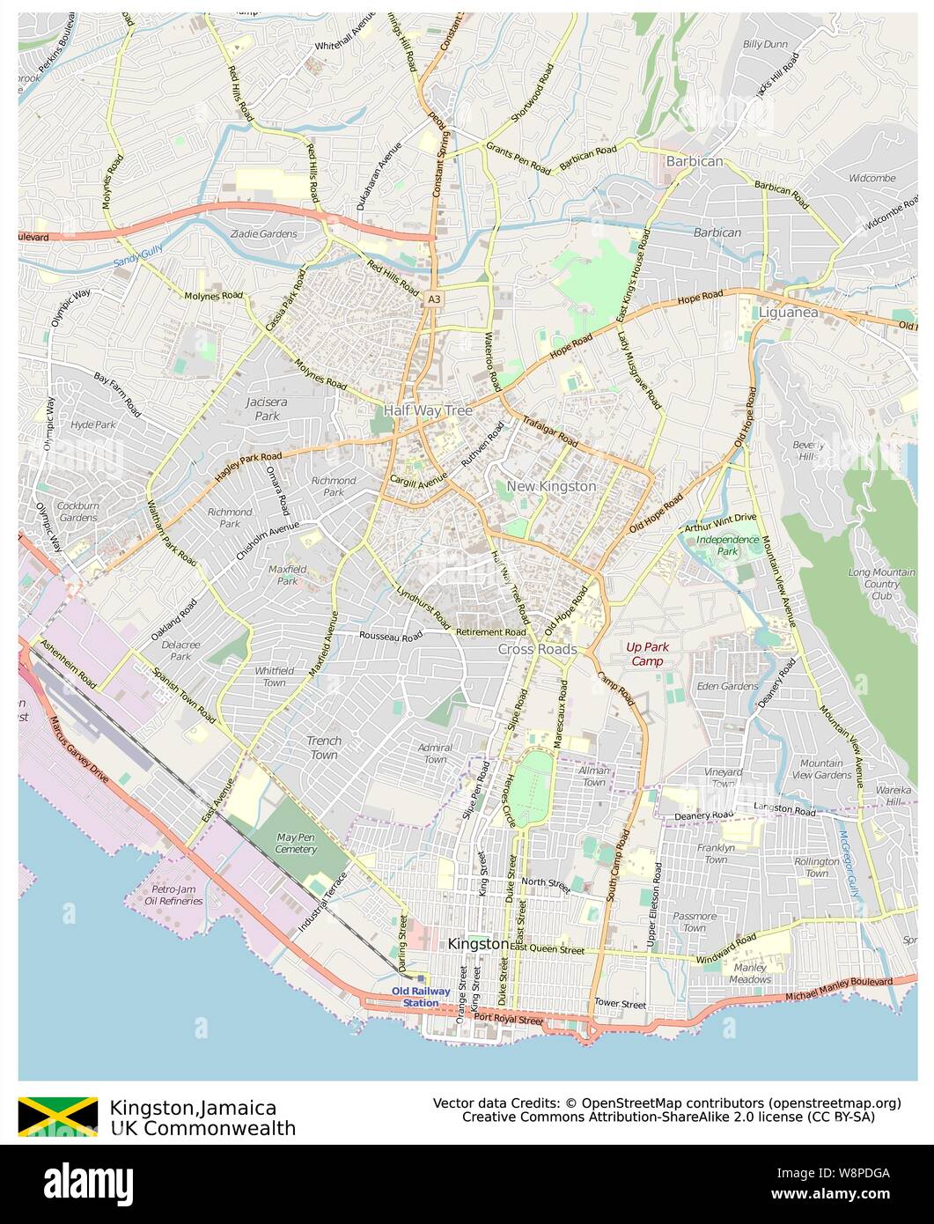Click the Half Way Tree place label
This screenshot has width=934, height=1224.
pyautogui.click(x=428, y=411)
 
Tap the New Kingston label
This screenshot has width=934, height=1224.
pyautogui.click(x=551, y=486)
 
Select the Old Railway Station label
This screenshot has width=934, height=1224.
pyautogui.click(x=421, y=997)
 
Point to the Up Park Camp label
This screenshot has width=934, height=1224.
pyautogui.click(x=647, y=653)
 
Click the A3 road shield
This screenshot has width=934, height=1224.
pyautogui.click(x=434, y=300)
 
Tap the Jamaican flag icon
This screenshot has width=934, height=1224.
pyautogui.click(x=58, y=1117)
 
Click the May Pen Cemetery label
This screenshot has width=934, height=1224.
pyautogui.click(x=296, y=843)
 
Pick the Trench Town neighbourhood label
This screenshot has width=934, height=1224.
pyautogui.click(x=323, y=748)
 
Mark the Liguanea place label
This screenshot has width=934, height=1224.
pyautogui.click(x=790, y=313)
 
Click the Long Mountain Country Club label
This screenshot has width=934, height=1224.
pyautogui.click(x=881, y=584)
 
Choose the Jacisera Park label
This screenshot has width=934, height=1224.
pyautogui.click(x=267, y=409)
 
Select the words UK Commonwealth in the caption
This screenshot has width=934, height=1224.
pyautogui.click(x=202, y=1128)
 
